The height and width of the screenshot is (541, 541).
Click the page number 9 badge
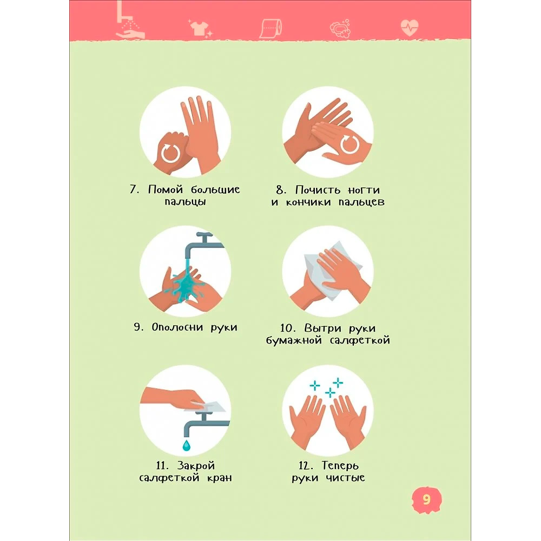click(x=427, y=499)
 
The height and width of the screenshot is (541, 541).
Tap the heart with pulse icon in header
click(x=410, y=27)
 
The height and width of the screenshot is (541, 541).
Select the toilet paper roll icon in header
click(x=271, y=28)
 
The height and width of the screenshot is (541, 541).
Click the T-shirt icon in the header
click(x=200, y=27)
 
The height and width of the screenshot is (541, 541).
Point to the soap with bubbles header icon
click(x=340, y=28)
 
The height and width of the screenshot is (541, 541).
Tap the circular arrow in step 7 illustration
click(x=170, y=153)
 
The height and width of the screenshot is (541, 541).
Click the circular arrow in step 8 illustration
click(x=350, y=144)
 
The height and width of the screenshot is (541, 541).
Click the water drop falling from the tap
click(x=186, y=445)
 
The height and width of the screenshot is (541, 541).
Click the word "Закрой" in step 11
click(x=196, y=465)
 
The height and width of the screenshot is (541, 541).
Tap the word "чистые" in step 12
click(x=345, y=478)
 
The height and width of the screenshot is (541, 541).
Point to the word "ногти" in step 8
click(x=364, y=190)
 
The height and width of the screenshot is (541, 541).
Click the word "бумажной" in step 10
click(x=294, y=340)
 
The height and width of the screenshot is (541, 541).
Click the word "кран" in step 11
click(x=220, y=478)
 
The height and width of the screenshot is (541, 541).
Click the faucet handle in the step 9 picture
click(x=204, y=236)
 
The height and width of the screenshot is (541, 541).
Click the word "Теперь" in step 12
click(x=340, y=465)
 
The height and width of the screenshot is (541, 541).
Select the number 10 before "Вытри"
click(x=288, y=328)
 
